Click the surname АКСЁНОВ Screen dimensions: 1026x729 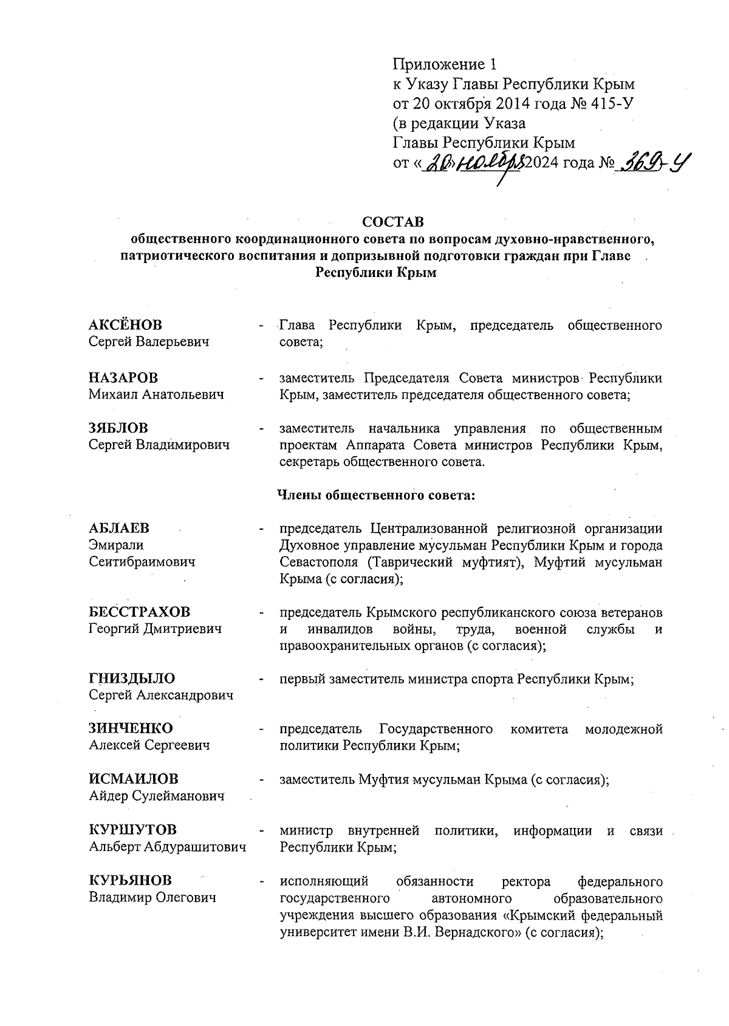pyautogui.click(x=126, y=325)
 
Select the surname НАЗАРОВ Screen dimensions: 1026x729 pyautogui.click(x=123, y=377)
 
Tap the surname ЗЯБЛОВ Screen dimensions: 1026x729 pyautogui.click(x=118, y=428)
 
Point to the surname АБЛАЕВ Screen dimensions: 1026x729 pyautogui.click(x=119, y=527)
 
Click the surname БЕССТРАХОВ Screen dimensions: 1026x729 pyautogui.click(x=139, y=611)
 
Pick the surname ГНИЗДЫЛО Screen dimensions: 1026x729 pyautogui.click(x=132, y=678)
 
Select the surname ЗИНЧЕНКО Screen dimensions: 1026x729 pyautogui.click(x=131, y=728)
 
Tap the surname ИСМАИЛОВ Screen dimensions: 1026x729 pyautogui.click(x=134, y=779)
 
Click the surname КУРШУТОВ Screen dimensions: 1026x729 pyautogui.click(x=133, y=830)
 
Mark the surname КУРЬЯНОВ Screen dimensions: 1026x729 pyautogui.click(x=130, y=880)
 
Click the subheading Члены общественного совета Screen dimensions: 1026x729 pyautogui.click(x=375, y=495)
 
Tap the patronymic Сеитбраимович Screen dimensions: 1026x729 pyautogui.click(x=142, y=562)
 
